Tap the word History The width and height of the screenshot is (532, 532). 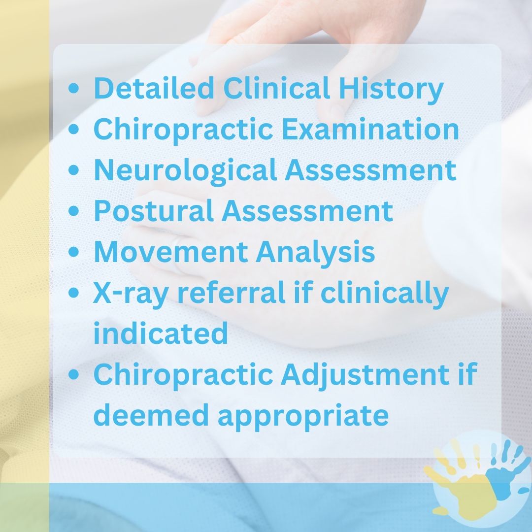[391, 90]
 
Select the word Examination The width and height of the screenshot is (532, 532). [370, 129]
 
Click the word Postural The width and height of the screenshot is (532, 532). [153, 210]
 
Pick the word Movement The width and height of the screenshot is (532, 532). [170, 251]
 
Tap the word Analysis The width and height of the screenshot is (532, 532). [315, 253]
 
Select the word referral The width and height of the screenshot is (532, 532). [232, 292]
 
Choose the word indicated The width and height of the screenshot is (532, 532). [161, 333]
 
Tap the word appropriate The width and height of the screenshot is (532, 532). [303, 417]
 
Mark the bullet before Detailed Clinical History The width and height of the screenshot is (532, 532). [73, 89]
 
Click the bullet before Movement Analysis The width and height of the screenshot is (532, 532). [73, 252]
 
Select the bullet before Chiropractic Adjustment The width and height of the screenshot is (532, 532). [73, 374]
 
